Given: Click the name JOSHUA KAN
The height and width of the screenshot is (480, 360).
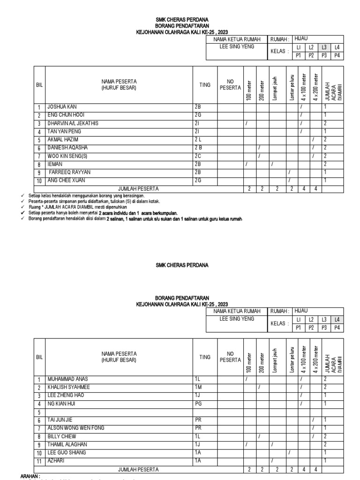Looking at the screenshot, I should click(63, 107).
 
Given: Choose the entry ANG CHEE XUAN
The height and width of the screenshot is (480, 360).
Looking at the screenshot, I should click(66, 180).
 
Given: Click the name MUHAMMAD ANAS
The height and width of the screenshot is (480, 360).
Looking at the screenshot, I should click(67, 379).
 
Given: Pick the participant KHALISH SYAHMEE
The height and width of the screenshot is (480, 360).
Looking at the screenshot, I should click(68, 387).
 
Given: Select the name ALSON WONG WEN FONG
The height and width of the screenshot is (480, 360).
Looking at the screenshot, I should click(76, 428).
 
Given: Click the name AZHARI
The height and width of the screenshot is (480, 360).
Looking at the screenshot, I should click(55, 461).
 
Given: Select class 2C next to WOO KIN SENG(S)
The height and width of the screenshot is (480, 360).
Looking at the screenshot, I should click(198, 156).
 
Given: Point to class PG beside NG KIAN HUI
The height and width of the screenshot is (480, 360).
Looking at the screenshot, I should click(198, 403).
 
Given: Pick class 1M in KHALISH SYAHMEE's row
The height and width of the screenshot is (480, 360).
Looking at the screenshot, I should click(198, 387).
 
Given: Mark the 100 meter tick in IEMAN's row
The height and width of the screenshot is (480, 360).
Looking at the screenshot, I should click(247, 164).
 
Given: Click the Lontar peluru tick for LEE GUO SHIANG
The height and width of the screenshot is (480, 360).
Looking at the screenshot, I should click(290, 452).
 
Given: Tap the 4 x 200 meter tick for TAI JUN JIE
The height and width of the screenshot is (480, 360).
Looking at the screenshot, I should click(313, 420).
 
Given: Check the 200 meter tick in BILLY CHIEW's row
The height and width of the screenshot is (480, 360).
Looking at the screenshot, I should click(259, 436).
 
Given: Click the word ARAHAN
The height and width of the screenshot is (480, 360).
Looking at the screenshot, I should click(30, 476).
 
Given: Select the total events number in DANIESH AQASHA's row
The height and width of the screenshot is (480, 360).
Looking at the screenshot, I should click(325, 148).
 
